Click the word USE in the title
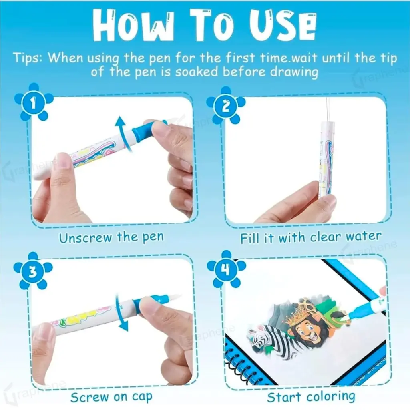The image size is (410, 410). coord(282,26)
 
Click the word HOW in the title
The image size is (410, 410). coord(133,26)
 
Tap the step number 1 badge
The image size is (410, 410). coord(34,102)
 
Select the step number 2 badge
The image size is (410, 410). coord(226,105)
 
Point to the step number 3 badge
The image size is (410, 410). coord(33,271)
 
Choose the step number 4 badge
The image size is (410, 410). coord(226,269)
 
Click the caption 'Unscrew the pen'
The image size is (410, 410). coord(111,237)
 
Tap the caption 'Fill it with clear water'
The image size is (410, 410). coord(311,237)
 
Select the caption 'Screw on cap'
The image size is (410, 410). coord(111,397)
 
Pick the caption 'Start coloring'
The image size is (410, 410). coord(311,397)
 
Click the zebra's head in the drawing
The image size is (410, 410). coord(257,336)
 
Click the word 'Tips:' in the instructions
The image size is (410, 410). coord(28,58)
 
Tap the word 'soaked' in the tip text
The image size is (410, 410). coord(196,72)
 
